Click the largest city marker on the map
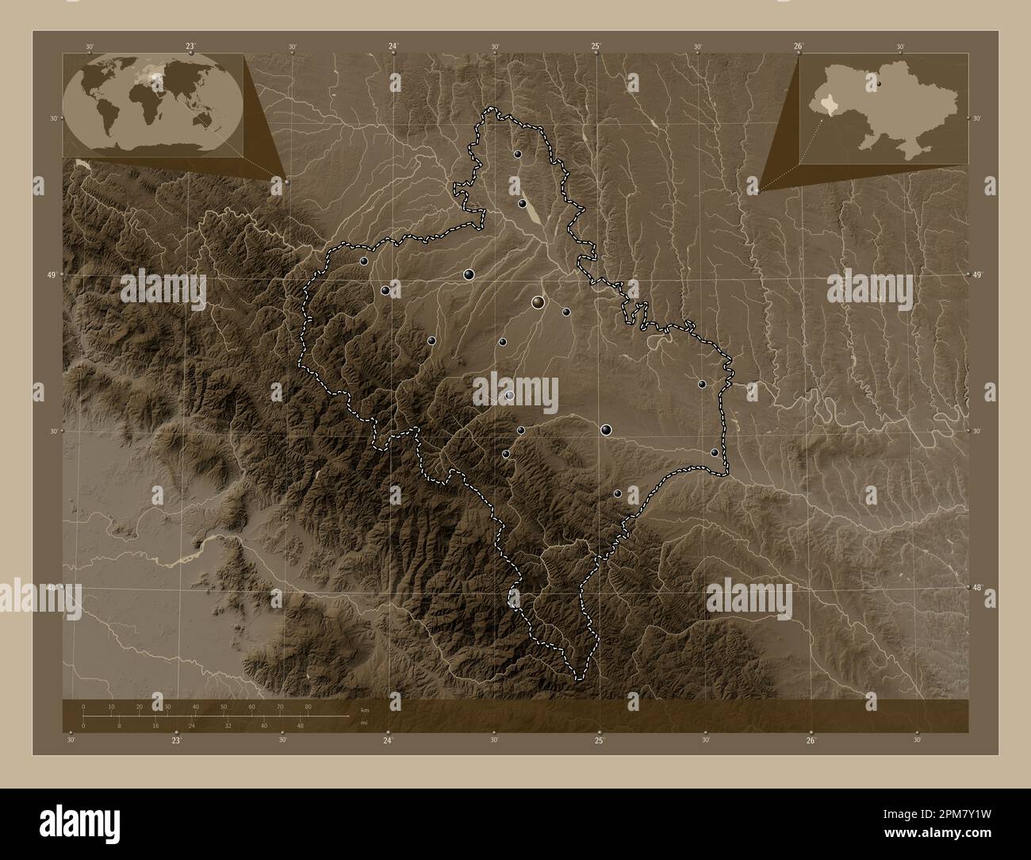pyautogui.click(x=538, y=301)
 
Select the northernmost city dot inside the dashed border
pyautogui.click(x=517, y=154)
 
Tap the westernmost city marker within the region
pyautogui.click(x=363, y=260)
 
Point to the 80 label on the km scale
pyautogui.click(x=308, y=706)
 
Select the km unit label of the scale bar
pyautogui.click(x=365, y=709)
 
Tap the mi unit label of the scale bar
pyautogui.click(x=364, y=724)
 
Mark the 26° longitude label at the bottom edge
pyautogui.click(x=811, y=740)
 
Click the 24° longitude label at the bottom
pyautogui.click(x=389, y=740)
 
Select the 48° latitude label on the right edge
pyautogui.click(x=976, y=588)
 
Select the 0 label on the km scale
pyautogui.click(x=83, y=706)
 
